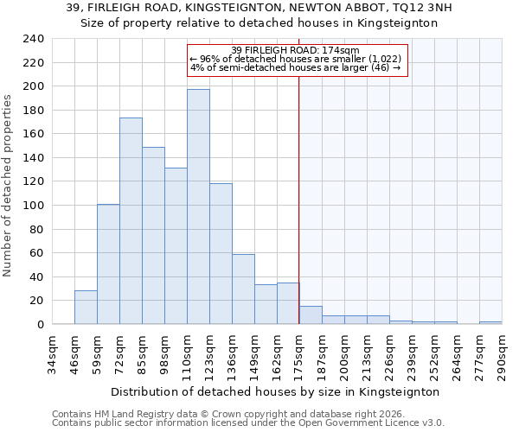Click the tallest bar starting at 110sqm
coord(198,207)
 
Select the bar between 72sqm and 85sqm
coord(131,221)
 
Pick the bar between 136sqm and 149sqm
coord(243,289)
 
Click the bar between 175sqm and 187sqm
coord(311,315)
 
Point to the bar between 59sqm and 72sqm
coord(108,264)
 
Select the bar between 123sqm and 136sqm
coord(221,254)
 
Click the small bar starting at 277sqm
coord(490,322)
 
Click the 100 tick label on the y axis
coord(33,206)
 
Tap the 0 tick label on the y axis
coord(40,325)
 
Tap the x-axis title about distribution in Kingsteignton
coord(276,391)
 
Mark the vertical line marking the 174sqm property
coord(299,199)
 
